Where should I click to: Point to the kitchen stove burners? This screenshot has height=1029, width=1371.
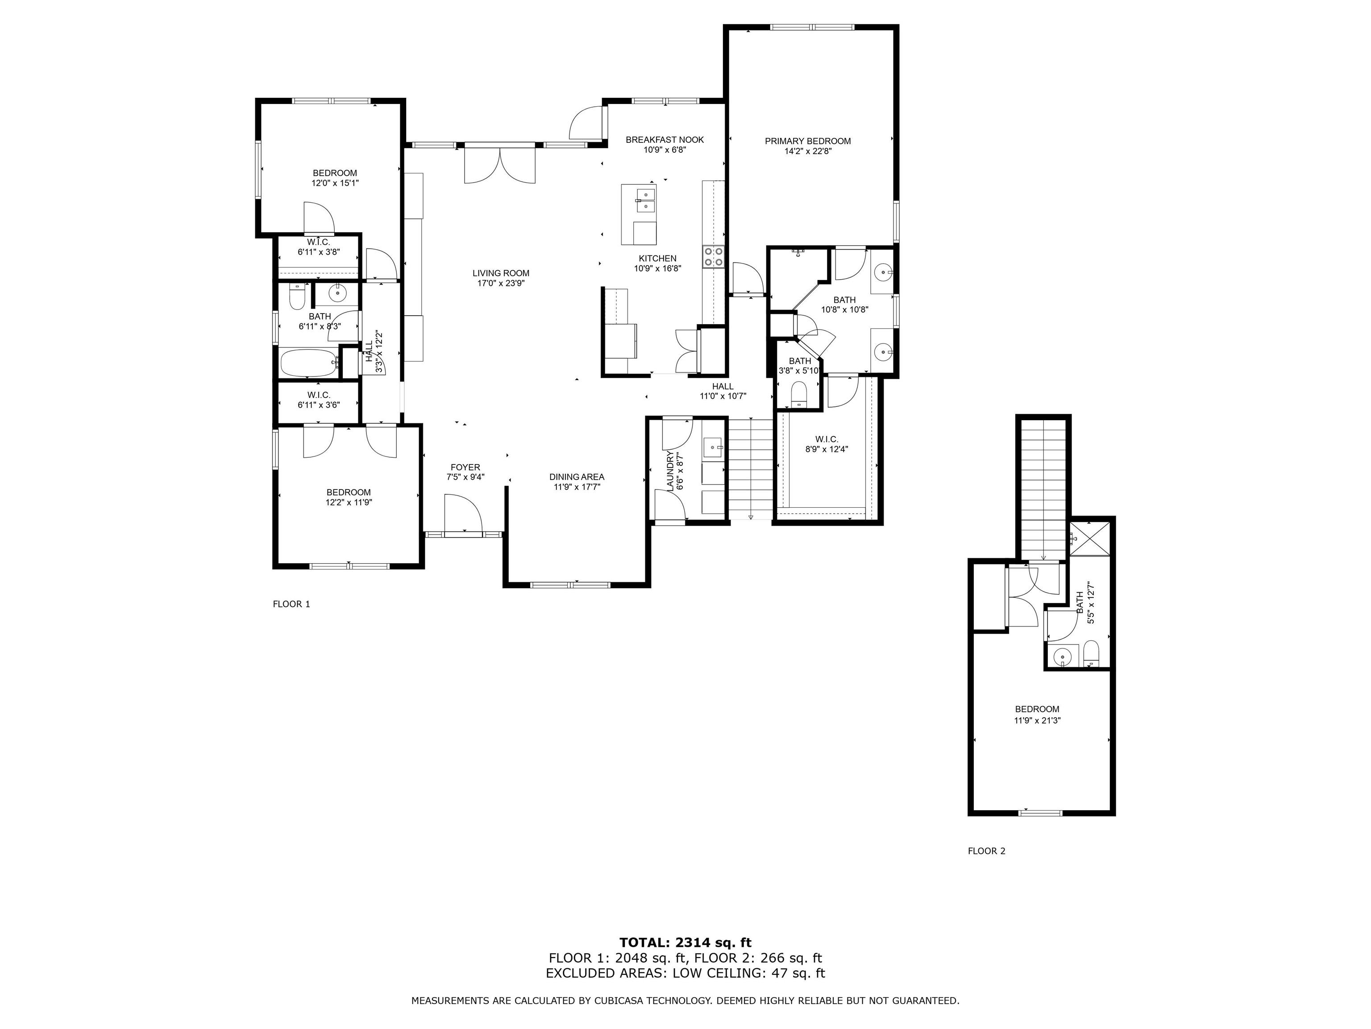coord(713,257)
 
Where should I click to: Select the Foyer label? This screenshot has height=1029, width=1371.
coord(465,468)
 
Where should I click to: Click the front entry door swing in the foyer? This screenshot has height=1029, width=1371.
coord(463,512)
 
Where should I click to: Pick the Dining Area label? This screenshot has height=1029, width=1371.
coord(577,477)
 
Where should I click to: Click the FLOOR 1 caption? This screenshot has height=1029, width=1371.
coord(291,604)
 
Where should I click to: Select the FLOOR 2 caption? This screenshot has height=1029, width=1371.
coord(987,851)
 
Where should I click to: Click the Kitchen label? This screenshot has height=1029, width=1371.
coord(658,259)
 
